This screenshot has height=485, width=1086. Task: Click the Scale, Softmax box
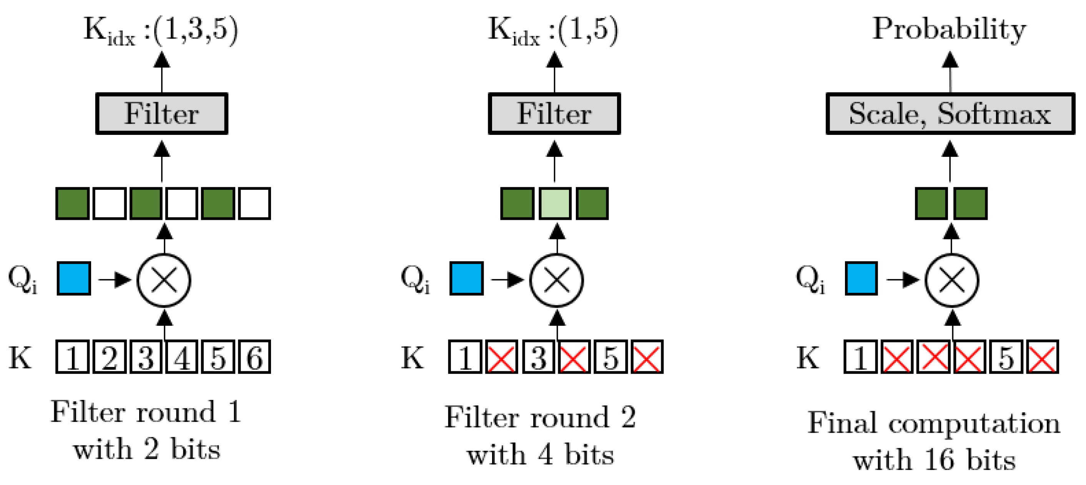950,113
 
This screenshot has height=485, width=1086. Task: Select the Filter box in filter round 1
161,113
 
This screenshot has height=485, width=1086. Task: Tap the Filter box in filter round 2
554,113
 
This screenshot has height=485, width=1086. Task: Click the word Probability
948,30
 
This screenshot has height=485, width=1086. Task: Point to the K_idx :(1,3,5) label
161,30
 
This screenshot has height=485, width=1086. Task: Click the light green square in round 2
555,204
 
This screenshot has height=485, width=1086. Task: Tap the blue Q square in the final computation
861,278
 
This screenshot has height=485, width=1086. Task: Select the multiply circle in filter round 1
164,280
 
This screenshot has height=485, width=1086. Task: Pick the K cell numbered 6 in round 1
254,357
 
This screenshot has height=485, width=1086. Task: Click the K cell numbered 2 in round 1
109,357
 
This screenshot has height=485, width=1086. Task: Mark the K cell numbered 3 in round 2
538,357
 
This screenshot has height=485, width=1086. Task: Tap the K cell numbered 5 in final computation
1006,357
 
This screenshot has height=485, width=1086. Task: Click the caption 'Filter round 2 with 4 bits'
540,436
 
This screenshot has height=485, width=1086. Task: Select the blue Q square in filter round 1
74,278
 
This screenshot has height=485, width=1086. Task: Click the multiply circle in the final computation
951,280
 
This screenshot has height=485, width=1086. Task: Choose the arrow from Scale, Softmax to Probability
950,71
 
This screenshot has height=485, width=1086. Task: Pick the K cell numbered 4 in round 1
182,357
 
